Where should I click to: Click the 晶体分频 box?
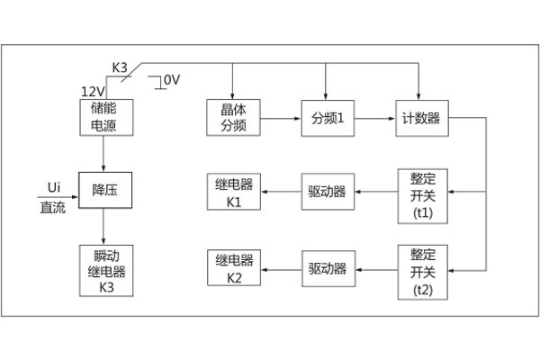coord(233,118)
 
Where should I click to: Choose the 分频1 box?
coord(328,118)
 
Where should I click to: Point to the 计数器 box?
coord(421,118)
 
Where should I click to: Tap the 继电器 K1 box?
coord(234,191)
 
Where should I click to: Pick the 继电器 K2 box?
coord(234,268)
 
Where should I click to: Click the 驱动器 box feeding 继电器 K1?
coord(328,191)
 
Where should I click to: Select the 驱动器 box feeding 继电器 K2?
coord(328,268)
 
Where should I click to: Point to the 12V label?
coord(92,92)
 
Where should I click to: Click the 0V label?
coord(171,80)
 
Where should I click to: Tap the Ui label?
coord(53,186)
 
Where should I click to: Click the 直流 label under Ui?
coord(52,206)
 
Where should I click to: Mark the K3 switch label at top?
coord(120,67)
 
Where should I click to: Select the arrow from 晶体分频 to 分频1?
coord(281,118)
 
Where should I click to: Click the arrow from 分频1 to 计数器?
coord(374,118)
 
